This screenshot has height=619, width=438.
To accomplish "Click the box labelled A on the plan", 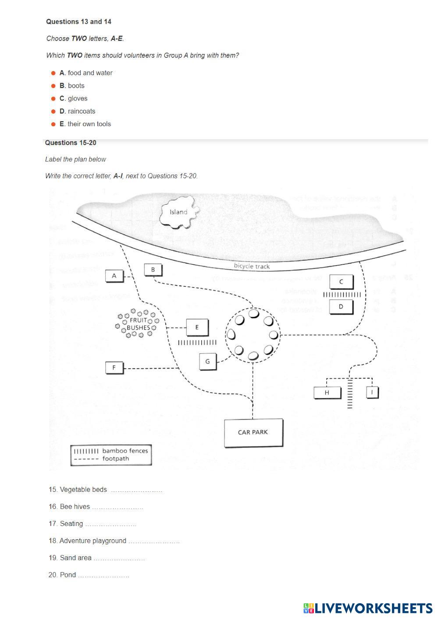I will pyautogui.click(x=114, y=276).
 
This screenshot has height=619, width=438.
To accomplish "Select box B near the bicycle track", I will pyautogui.click(x=153, y=270).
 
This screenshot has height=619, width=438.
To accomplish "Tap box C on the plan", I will pyautogui.click(x=341, y=282).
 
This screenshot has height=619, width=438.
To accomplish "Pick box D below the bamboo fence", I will pyautogui.click(x=341, y=307).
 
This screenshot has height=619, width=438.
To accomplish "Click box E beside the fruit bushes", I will pyautogui.click(x=197, y=327).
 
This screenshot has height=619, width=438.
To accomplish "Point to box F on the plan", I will pyautogui.click(x=114, y=367).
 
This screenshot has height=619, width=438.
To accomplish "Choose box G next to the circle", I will pyautogui.click(x=207, y=361).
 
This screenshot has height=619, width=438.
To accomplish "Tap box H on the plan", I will pyautogui.click(x=327, y=392).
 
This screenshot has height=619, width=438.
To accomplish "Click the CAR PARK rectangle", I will pyautogui.click(x=253, y=432).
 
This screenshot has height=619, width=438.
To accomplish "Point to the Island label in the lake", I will pyautogui.click(x=178, y=212).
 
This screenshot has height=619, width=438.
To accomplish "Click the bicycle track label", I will pyautogui.click(x=252, y=266).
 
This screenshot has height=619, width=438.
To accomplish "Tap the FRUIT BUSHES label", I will pyautogui.click(x=138, y=324).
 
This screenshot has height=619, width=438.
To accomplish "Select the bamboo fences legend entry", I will pyautogui.click(x=111, y=451).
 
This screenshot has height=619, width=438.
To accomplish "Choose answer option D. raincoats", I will pyautogui.click(x=78, y=111).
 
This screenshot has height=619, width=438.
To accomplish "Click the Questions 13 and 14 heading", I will pyautogui.click(x=78, y=21).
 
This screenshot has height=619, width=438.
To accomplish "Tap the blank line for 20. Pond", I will pyautogui.click(x=103, y=575).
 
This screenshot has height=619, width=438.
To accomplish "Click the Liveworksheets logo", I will pyautogui.click(x=367, y=608).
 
